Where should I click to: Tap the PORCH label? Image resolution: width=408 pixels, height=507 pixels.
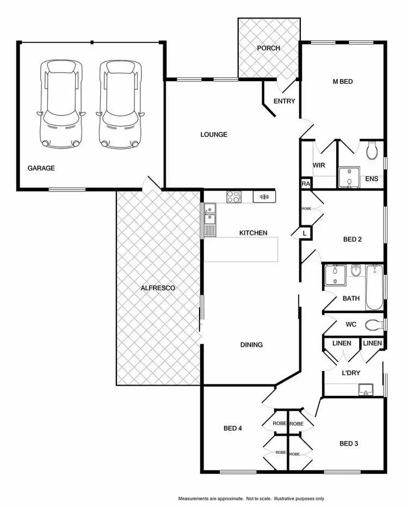click(x=268, y=48)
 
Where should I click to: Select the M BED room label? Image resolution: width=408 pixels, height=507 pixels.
click(x=343, y=82)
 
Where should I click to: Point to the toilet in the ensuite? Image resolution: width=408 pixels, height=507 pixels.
click(x=372, y=150)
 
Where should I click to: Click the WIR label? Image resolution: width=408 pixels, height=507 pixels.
click(x=318, y=166)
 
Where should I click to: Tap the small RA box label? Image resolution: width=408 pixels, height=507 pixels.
click(x=305, y=185)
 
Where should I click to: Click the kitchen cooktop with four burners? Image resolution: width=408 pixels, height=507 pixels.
click(x=234, y=196)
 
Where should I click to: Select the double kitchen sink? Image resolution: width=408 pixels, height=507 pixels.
click(x=210, y=214)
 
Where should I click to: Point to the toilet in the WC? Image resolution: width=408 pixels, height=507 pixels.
click(x=373, y=325)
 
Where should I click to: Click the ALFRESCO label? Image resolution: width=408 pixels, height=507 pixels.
click(x=158, y=288)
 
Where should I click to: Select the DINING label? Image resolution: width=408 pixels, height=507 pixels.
click(x=251, y=345)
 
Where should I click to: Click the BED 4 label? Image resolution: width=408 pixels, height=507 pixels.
click(x=232, y=429)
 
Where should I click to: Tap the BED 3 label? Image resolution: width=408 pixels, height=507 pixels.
click(x=348, y=444)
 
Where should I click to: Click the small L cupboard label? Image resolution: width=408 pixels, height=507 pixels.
click(x=305, y=233)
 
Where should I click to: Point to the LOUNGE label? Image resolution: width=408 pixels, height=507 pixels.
click(x=213, y=135)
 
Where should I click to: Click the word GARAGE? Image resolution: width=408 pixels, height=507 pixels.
click(x=41, y=168)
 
